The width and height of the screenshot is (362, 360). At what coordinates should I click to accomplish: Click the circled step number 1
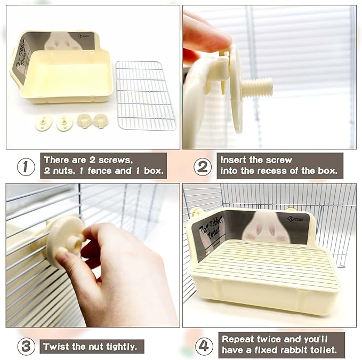click(x=26, y=167)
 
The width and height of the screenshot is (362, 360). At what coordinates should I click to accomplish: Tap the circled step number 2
click(x=203, y=167)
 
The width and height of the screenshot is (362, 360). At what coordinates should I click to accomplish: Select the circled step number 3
click(x=26, y=347)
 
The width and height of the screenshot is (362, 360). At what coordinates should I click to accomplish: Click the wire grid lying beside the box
click(x=146, y=95)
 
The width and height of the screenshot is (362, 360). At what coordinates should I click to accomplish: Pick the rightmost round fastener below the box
click(x=101, y=121)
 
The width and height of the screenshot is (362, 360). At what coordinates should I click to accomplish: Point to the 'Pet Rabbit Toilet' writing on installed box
click(x=211, y=229)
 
